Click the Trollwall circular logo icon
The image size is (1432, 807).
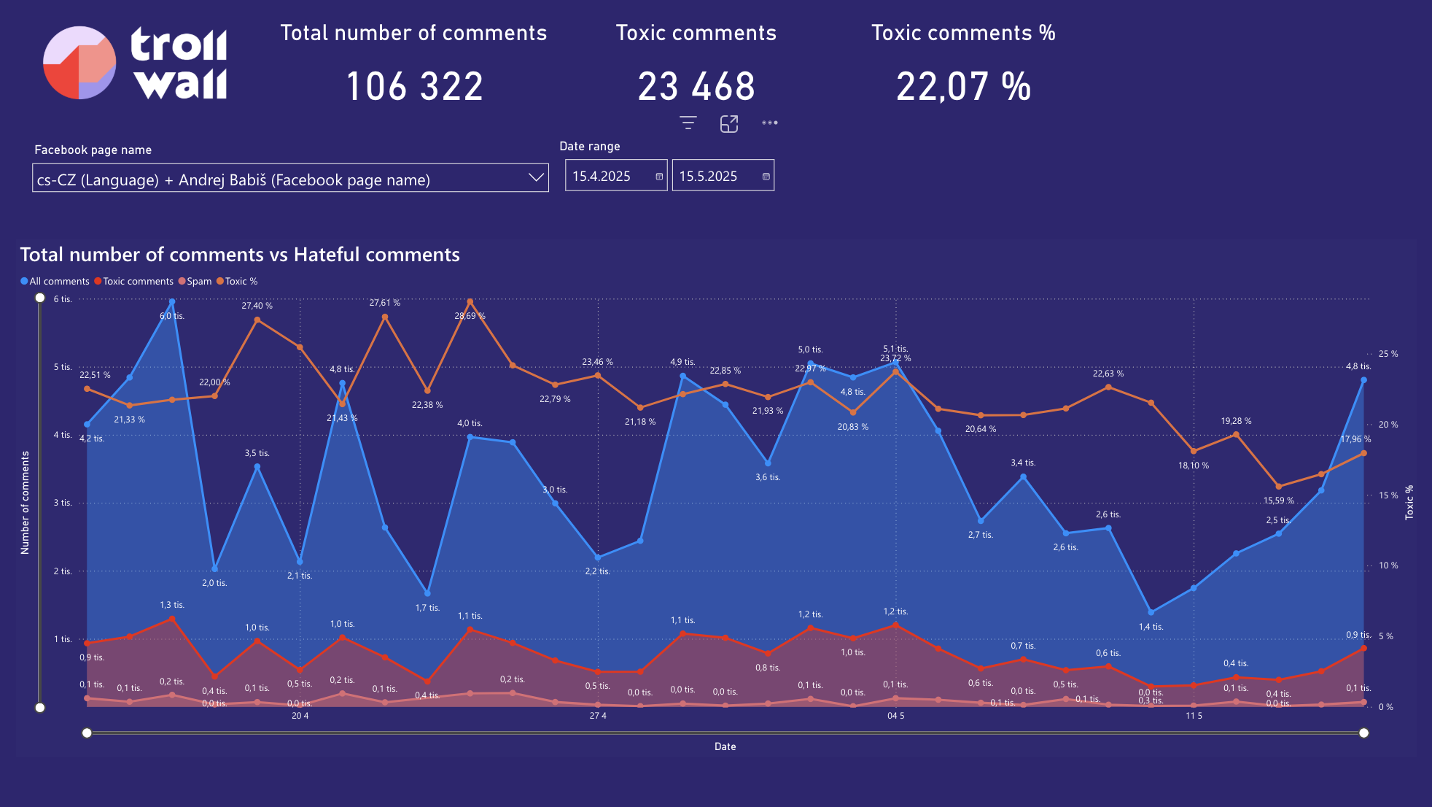coord(79,63)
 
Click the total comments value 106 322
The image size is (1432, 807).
coord(414,87)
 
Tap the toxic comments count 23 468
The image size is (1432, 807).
coord(696,87)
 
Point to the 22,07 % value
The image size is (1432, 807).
coord(963,87)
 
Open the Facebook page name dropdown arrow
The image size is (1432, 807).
coord(537,178)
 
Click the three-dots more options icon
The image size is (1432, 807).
coord(770,123)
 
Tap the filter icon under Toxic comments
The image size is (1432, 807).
coord(688,123)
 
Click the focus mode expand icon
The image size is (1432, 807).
coord(729,124)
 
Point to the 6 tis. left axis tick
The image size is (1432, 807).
coord(63,299)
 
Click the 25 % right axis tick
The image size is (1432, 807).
coord(1388,354)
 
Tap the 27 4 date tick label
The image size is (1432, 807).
coord(598,716)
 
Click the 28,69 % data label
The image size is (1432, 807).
coord(470,316)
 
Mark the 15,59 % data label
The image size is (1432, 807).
coord(1278,501)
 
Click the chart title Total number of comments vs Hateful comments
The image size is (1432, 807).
coord(240,255)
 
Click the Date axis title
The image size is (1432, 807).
coord(725,746)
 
